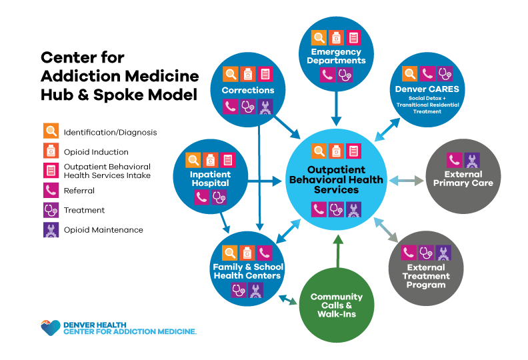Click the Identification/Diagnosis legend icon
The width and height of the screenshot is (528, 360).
pos(51,131)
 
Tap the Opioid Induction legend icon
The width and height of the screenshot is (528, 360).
pos(51,151)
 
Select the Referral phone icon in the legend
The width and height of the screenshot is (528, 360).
pos(51,191)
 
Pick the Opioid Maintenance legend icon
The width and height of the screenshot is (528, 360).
pos(51,230)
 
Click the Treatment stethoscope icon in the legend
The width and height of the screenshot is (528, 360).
pos(51,210)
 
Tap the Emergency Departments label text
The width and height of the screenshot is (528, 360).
pos(336,56)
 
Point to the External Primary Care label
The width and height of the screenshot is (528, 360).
pos(463,179)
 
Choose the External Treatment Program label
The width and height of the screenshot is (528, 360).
pos(427,276)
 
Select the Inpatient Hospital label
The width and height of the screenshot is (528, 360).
pos(211,179)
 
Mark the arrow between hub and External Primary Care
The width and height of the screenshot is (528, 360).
pos(407,180)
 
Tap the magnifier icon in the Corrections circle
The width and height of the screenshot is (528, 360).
pos(231,74)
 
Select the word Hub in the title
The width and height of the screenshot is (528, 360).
pos(58,95)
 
